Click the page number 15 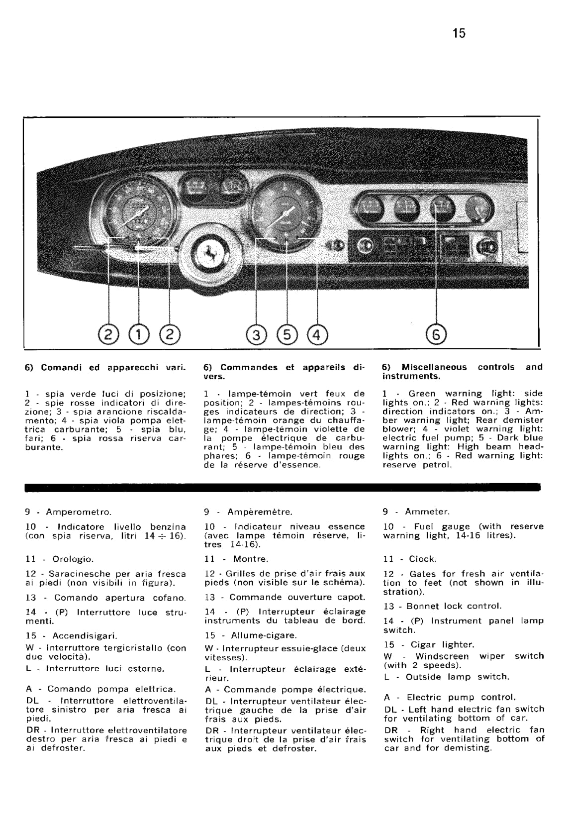[459, 33]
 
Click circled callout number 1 [139, 334]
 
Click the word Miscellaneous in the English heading [434, 367]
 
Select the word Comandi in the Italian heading [63, 368]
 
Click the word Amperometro [79, 512]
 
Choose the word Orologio [73, 559]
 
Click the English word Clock [422, 559]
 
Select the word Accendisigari [85, 636]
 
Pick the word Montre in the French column [250, 559]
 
